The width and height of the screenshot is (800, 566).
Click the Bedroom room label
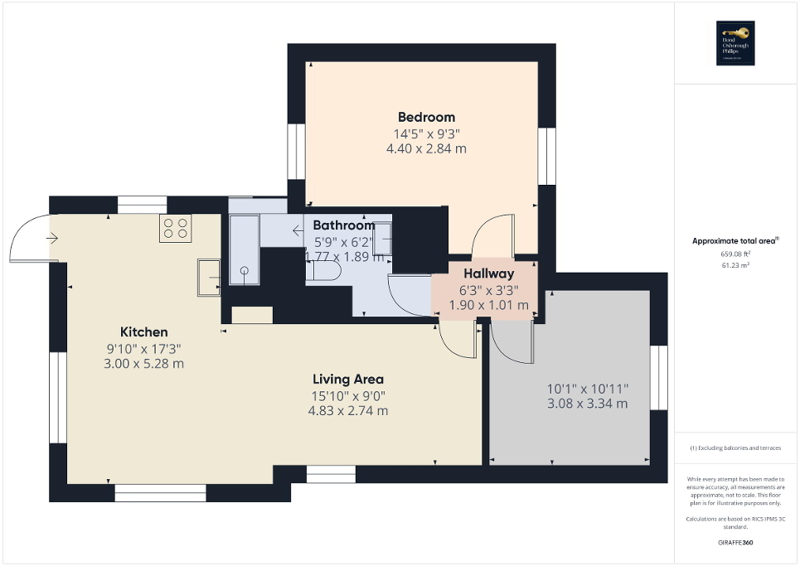coord(426,117)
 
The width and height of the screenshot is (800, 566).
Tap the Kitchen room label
coord(143,331)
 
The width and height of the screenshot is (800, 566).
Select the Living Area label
coord(348,380)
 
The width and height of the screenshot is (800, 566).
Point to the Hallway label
coord(488,273)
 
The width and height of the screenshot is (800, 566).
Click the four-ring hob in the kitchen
coord(175,228)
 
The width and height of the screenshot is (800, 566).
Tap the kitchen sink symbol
coord(208,277)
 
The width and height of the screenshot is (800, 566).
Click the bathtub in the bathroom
coord(244,249)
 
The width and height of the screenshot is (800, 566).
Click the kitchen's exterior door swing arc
coord(29,238)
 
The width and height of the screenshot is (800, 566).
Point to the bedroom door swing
coord(492,235)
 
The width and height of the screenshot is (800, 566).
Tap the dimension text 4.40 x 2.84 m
coord(426,149)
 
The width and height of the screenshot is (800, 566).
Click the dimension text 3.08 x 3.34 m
coord(587,404)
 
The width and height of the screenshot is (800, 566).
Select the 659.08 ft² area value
coord(735,254)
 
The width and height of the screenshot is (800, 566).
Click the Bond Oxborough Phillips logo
coord(735,43)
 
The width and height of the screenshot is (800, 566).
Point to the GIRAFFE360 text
coord(735,542)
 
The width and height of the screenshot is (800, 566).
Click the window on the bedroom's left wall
coord(297,151)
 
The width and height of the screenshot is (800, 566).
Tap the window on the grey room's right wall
coord(659,378)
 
